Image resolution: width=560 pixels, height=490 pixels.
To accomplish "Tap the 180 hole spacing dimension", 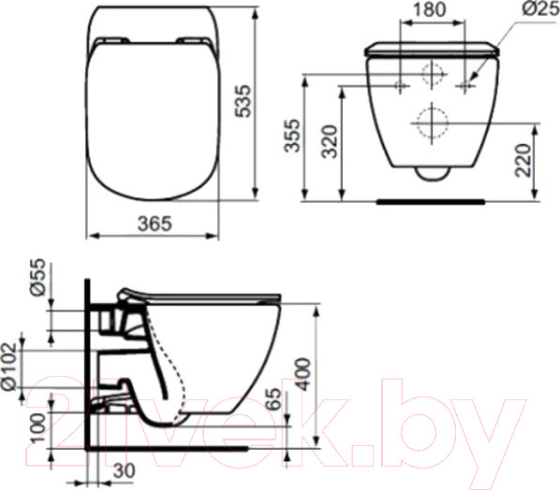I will point(432,10).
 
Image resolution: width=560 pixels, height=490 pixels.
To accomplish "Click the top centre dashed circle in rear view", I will point(432,73).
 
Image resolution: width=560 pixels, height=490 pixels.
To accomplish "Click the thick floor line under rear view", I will point(432,200).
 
